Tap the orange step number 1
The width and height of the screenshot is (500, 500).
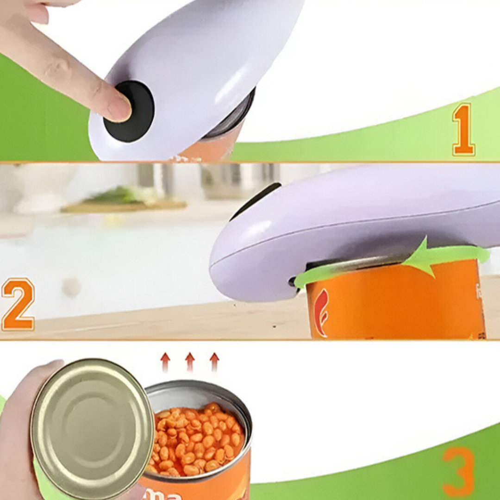(463, 129)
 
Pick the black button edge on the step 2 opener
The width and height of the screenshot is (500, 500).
(257, 199)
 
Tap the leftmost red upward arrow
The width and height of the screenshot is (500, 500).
(165, 362)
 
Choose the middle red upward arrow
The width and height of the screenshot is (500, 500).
(189, 362)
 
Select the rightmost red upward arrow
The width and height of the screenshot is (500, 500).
(214, 362)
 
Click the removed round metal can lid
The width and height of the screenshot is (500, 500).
(93, 428)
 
